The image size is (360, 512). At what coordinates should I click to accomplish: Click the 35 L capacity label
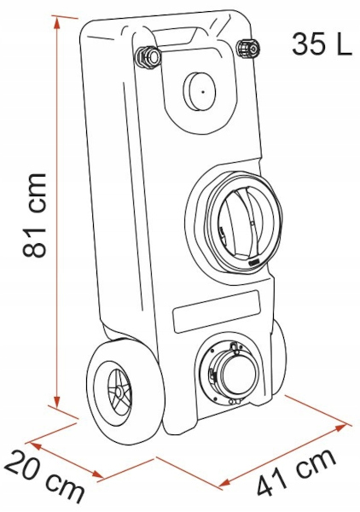322,44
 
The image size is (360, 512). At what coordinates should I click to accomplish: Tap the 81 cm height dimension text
34,215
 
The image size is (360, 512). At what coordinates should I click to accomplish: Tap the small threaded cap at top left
148,57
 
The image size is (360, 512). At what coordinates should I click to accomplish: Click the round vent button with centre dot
199,92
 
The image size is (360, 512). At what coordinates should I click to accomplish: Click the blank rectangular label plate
217,311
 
